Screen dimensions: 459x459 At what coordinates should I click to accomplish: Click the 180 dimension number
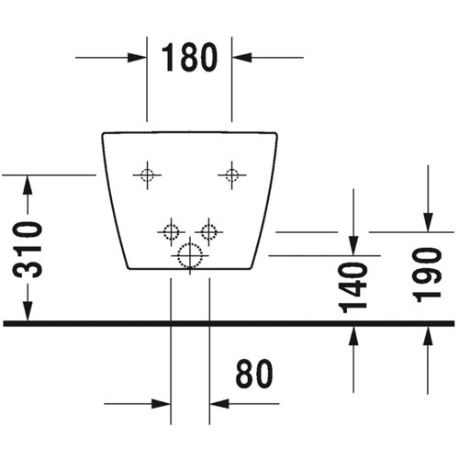(x=189, y=57)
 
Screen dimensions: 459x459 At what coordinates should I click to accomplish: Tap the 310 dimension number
(x=28, y=250)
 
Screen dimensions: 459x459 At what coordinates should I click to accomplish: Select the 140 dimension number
(x=353, y=287)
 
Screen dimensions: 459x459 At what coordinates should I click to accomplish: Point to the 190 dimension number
(x=427, y=274)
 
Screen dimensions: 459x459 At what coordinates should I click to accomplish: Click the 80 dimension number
(x=254, y=374)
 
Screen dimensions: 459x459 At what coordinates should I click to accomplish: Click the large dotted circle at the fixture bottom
(x=190, y=255)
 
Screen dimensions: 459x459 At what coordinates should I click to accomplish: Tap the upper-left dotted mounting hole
(x=147, y=175)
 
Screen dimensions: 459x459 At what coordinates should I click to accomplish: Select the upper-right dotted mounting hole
(x=231, y=175)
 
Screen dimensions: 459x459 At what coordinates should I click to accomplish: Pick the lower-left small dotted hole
(x=171, y=232)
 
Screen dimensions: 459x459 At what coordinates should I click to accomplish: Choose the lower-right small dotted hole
(x=209, y=232)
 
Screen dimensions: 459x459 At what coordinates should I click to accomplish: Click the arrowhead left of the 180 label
(x=137, y=58)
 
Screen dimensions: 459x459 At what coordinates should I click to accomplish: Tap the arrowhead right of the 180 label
(x=242, y=58)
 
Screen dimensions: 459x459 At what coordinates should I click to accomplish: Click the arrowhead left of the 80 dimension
(x=161, y=404)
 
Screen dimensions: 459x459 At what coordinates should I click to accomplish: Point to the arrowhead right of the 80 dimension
(x=219, y=404)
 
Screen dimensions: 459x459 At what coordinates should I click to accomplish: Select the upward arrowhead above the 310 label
(x=28, y=185)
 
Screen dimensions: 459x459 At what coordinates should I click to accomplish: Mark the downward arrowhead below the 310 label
(x=28, y=311)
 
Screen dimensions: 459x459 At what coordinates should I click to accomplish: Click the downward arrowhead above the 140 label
(x=353, y=246)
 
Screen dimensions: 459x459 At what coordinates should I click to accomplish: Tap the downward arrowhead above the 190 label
(x=428, y=222)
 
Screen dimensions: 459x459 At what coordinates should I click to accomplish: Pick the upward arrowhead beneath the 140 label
(x=353, y=336)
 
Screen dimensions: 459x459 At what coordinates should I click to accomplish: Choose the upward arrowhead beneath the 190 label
(x=428, y=336)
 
